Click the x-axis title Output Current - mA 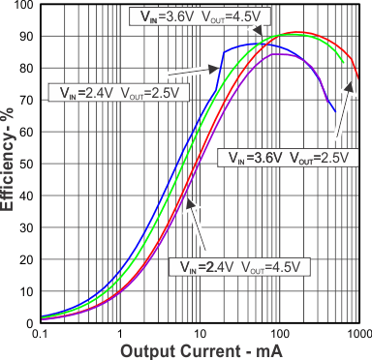click(x=199, y=350)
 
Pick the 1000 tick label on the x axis click(x=356, y=334)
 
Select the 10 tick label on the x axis click(x=200, y=334)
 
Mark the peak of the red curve click(x=298, y=32)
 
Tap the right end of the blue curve click(x=335, y=112)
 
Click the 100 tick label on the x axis click(x=279, y=334)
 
